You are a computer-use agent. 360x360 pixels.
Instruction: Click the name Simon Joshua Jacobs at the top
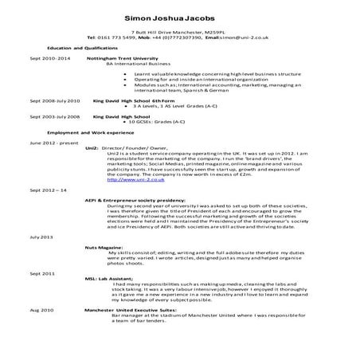point(179,16)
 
